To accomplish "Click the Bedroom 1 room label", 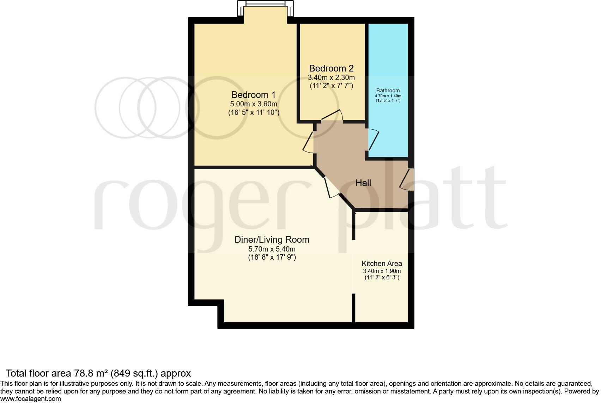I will click(x=253, y=95).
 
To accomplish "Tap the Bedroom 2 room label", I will click(x=331, y=68).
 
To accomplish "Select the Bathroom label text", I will click(x=388, y=91).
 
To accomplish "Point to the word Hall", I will click(x=363, y=183).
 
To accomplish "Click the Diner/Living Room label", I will click(x=272, y=240).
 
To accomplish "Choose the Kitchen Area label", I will click(x=382, y=263).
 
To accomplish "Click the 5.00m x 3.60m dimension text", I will click(x=253, y=104).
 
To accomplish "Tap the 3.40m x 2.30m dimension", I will click(x=331, y=77).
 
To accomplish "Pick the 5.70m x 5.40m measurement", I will click(x=272, y=249).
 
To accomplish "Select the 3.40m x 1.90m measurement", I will click(x=382, y=271).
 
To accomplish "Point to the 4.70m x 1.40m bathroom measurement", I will click(x=388, y=96).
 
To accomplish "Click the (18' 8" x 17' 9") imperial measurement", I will click(x=272, y=257).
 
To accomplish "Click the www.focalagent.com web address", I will click(x=31, y=399).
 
